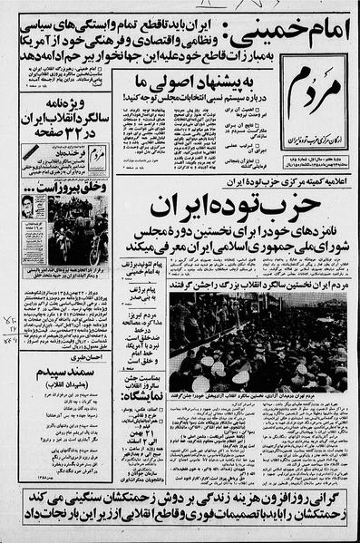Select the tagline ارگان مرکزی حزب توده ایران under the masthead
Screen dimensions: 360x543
point(315,119)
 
